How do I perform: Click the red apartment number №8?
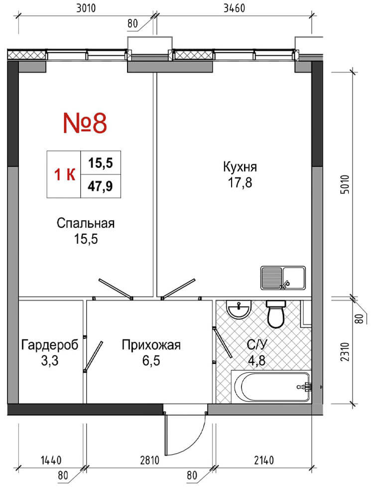(85, 123)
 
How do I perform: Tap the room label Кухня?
(240, 167)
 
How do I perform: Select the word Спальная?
(86, 223)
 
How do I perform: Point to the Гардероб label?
(50, 345)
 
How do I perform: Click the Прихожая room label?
(151, 345)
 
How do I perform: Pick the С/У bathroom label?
(257, 345)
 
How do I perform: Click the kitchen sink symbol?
(283, 278)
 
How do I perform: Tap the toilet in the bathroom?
(276, 314)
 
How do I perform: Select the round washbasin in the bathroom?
(240, 310)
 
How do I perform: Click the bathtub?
(271, 386)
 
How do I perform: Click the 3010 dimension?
(86, 8)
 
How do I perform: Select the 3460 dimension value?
(235, 8)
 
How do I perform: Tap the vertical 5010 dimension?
(346, 184)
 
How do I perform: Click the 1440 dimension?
(51, 460)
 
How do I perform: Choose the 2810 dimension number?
(149, 460)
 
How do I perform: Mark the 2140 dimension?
(264, 460)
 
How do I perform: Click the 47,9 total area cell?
(100, 186)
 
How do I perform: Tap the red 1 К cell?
(64, 174)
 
